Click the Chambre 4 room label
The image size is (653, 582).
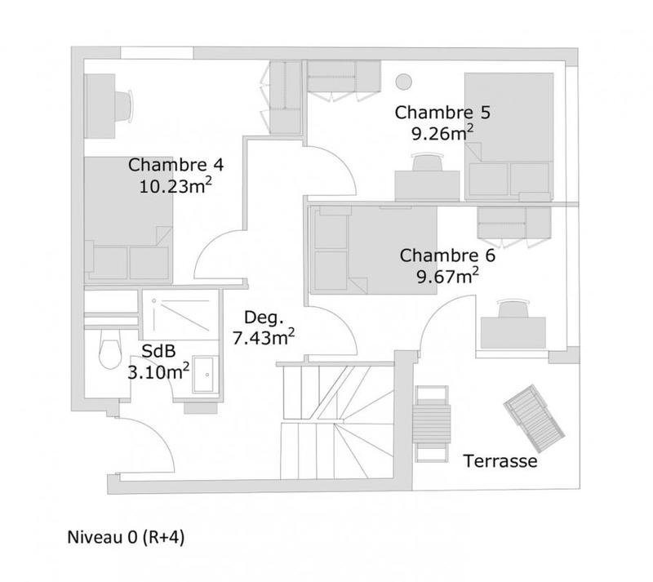[x=175, y=164]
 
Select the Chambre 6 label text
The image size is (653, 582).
[x=447, y=255]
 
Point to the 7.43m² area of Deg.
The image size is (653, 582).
[x=264, y=335]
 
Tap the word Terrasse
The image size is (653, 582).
[x=500, y=461]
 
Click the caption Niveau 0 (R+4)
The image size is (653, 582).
[x=130, y=539]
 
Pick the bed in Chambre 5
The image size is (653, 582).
[x=509, y=136]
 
